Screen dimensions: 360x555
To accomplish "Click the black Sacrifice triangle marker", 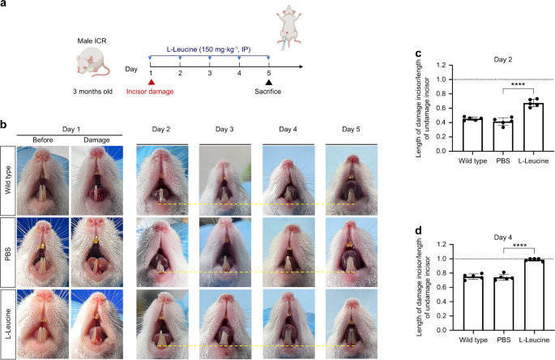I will [x=269, y=82].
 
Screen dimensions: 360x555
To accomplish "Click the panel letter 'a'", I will [x=5, y=6].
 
